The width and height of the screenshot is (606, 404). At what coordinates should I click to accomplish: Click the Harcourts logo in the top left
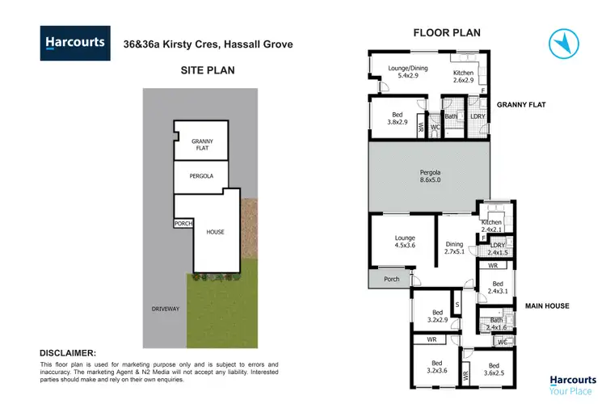coord(74,44)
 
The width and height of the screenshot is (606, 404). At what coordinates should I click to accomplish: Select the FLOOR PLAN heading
coord(447,33)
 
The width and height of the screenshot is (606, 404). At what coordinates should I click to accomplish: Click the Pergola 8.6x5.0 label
coord(430,178)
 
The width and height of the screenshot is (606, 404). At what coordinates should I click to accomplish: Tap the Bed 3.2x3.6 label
coord(437,368)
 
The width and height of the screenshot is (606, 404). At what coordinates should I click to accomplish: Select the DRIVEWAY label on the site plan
coord(166,309)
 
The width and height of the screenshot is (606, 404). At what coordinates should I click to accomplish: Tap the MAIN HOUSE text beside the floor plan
coord(547,305)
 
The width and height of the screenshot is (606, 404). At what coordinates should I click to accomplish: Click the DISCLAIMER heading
coord(69,353)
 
